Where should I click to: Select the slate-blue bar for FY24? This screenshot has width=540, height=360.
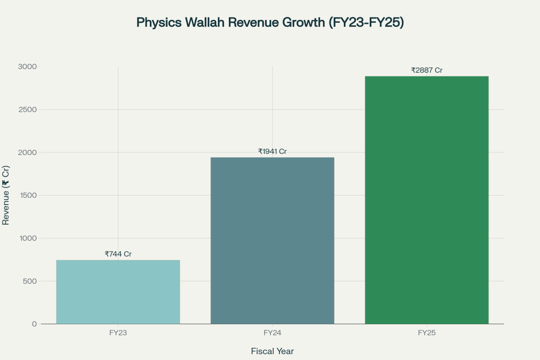pyautogui.click(x=272, y=240)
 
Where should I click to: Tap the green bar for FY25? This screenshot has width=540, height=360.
pyautogui.click(x=427, y=200)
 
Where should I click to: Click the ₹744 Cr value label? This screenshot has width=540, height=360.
pyautogui.click(x=118, y=254)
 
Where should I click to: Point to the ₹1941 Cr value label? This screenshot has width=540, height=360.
pyautogui.click(x=272, y=151)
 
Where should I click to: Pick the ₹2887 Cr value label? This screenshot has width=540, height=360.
pyautogui.click(x=427, y=70)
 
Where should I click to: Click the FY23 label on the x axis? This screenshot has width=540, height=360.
pyautogui.click(x=118, y=333)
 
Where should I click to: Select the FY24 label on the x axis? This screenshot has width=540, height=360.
pyautogui.click(x=272, y=333)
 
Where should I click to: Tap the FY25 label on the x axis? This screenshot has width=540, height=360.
pyautogui.click(x=427, y=333)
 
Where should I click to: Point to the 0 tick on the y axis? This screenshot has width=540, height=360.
pyautogui.click(x=34, y=324)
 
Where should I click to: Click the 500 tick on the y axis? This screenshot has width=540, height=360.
pyautogui.click(x=30, y=281)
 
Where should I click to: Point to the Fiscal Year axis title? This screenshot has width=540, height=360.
pyautogui.click(x=272, y=351)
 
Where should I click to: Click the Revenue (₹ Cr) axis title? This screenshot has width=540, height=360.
pyautogui.click(x=6, y=196)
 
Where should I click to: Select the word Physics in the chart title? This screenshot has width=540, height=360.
pyautogui.click(x=156, y=23)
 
